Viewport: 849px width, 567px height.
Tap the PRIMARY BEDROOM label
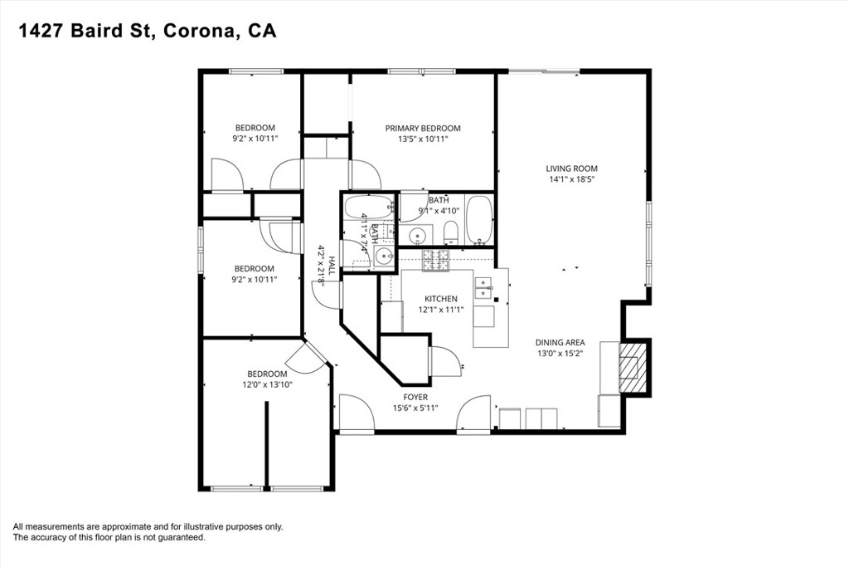423,129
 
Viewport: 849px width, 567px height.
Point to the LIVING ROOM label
571,169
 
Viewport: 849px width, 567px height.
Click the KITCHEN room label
441,299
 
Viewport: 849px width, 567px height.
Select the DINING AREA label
560,343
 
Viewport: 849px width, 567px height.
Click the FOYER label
415,398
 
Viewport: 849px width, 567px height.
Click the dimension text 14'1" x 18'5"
571,179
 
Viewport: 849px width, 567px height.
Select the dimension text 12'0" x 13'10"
268,385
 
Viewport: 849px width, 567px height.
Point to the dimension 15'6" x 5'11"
415,408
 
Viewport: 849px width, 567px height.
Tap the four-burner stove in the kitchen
436,260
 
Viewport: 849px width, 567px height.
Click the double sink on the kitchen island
483,288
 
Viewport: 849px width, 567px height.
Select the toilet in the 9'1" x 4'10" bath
451,233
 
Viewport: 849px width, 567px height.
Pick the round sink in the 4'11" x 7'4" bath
385,256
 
